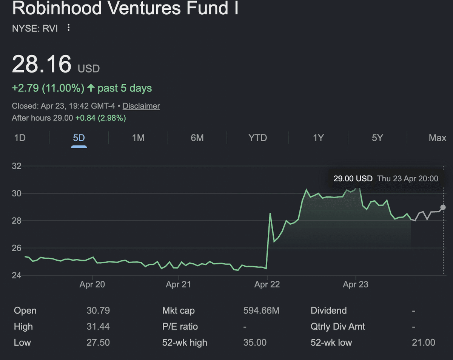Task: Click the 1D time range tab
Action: coord(20,138)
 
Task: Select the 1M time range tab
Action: coord(138,138)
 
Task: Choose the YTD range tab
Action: coord(258,138)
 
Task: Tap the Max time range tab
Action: coord(437,138)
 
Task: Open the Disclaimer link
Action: coord(141,106)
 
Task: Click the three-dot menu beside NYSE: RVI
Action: coord(68,28)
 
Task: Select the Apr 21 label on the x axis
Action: coord(179,284)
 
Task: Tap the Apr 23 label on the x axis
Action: coord(356,284)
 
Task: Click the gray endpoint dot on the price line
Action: coord(443,207)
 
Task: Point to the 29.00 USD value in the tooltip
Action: coord(353,178)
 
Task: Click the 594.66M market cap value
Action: coord(261,311)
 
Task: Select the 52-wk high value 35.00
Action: coord(255,343)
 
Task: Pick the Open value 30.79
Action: coord(98,311)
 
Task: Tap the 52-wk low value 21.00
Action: coord(423,343)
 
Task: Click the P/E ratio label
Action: coord(180,327)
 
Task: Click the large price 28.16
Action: coord(42,64)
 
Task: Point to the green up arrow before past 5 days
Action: coord(91,88)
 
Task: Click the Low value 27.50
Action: coord(98,343)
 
